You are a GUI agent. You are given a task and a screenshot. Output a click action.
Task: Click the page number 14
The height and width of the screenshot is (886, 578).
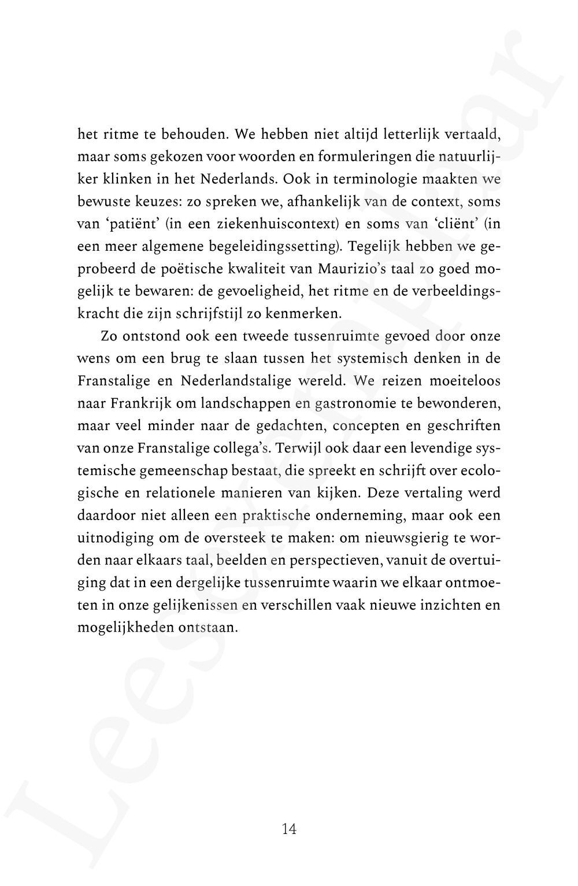(289, 829)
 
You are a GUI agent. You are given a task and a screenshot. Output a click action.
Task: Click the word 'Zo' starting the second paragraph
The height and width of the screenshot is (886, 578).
(109, 336)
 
